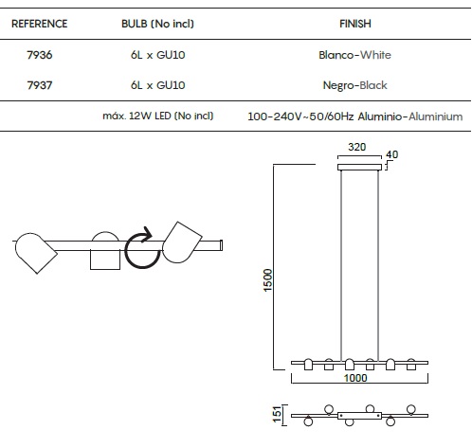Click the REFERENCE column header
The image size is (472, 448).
(x=39, y=24)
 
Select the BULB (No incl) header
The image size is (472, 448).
(x=157, y=24)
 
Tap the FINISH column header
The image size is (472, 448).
(x=355, y=24)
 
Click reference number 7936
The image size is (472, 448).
(x=40, y=55)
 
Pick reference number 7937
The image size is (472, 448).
(x=40, y=85)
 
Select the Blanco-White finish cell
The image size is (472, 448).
(x=354, y=55)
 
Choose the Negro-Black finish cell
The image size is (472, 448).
(x=354, y=85)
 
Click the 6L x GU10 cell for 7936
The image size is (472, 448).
(x=157, y=55)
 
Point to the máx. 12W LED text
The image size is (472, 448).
(x=158, y=116)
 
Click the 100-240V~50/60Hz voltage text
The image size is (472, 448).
(x=300, y=116)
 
